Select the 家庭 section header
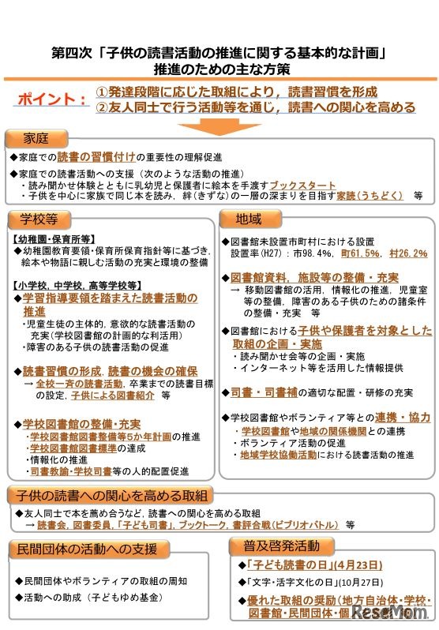tap(36, 140)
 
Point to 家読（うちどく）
tap(369, 194)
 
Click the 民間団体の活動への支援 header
tap(87, 549)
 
